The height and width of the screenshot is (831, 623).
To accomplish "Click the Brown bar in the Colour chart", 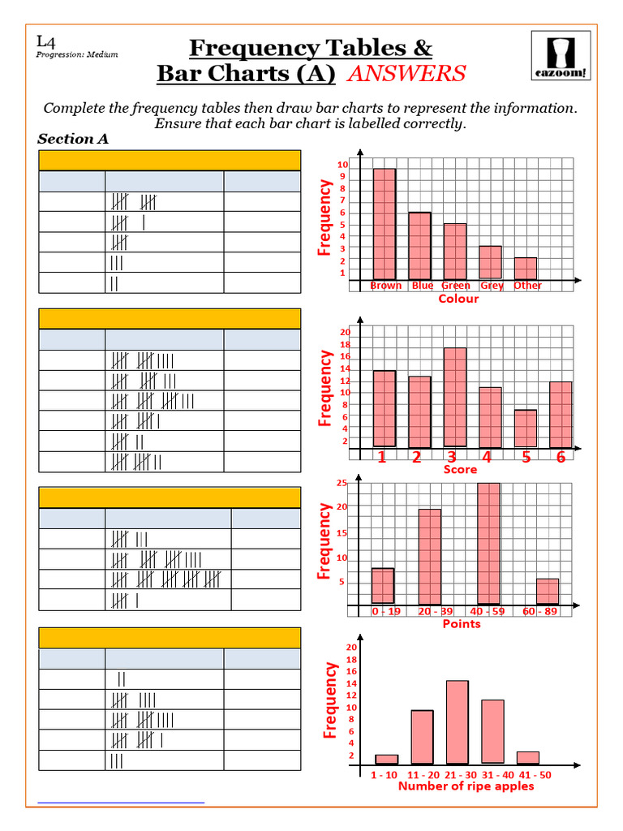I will tap(385, 223).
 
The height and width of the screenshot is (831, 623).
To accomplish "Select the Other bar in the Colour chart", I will tap(526, 269).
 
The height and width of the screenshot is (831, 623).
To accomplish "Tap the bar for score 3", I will tap(455, 397).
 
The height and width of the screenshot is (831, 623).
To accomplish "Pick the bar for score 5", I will tap(526, 428).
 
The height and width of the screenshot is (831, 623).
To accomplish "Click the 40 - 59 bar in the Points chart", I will tap(488, 544).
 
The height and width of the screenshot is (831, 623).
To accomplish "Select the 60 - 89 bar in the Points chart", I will tap(548, 592).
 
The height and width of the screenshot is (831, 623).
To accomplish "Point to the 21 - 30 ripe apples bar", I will tap(458, 722).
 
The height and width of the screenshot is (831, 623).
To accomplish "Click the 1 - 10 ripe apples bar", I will tap(387, 760).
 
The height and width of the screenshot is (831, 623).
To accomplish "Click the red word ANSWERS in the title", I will tap(406, 74).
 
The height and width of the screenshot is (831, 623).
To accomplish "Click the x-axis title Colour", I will tap(458, 299).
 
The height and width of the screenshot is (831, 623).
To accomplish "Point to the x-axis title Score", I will tap(460, 470).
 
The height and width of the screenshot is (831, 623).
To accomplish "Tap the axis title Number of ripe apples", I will tap(466, 786).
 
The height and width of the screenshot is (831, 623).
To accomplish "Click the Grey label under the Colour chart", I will tap(492, 286).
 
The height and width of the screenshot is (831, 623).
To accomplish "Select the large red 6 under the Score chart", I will tap(561, 458).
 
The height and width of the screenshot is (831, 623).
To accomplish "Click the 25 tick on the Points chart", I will tap(342, 484).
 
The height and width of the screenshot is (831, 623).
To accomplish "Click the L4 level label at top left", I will tap(45, 41).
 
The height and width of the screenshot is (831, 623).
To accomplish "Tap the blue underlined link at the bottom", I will tap(122, 802).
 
